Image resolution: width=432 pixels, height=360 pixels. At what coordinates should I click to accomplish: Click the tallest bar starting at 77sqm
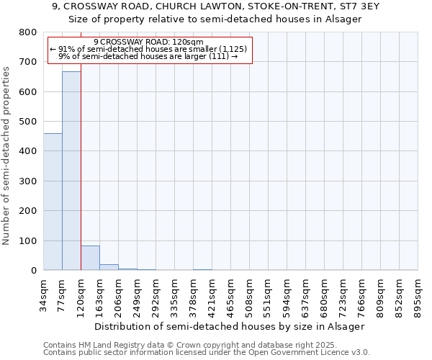pos(71,171)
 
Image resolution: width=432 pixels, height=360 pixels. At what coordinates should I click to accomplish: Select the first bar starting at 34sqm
pos(53,202)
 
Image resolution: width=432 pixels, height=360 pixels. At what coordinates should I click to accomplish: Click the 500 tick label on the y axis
pos(28,122)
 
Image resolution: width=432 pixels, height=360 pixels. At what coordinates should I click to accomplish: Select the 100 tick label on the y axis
pos(28,240)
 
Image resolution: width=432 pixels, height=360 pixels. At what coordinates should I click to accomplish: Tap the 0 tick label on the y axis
pos(33,271)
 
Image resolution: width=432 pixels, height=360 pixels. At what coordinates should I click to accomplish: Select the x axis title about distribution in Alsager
pos(230,326)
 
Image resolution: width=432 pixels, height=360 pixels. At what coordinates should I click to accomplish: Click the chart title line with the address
pos(215,6)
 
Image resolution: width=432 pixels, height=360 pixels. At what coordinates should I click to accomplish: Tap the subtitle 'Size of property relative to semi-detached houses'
pos(215,19)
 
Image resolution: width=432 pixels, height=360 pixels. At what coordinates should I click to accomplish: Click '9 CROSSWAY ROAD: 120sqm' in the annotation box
pos(149,42)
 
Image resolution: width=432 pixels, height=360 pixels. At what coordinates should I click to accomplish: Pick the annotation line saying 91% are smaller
pos(149,49)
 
